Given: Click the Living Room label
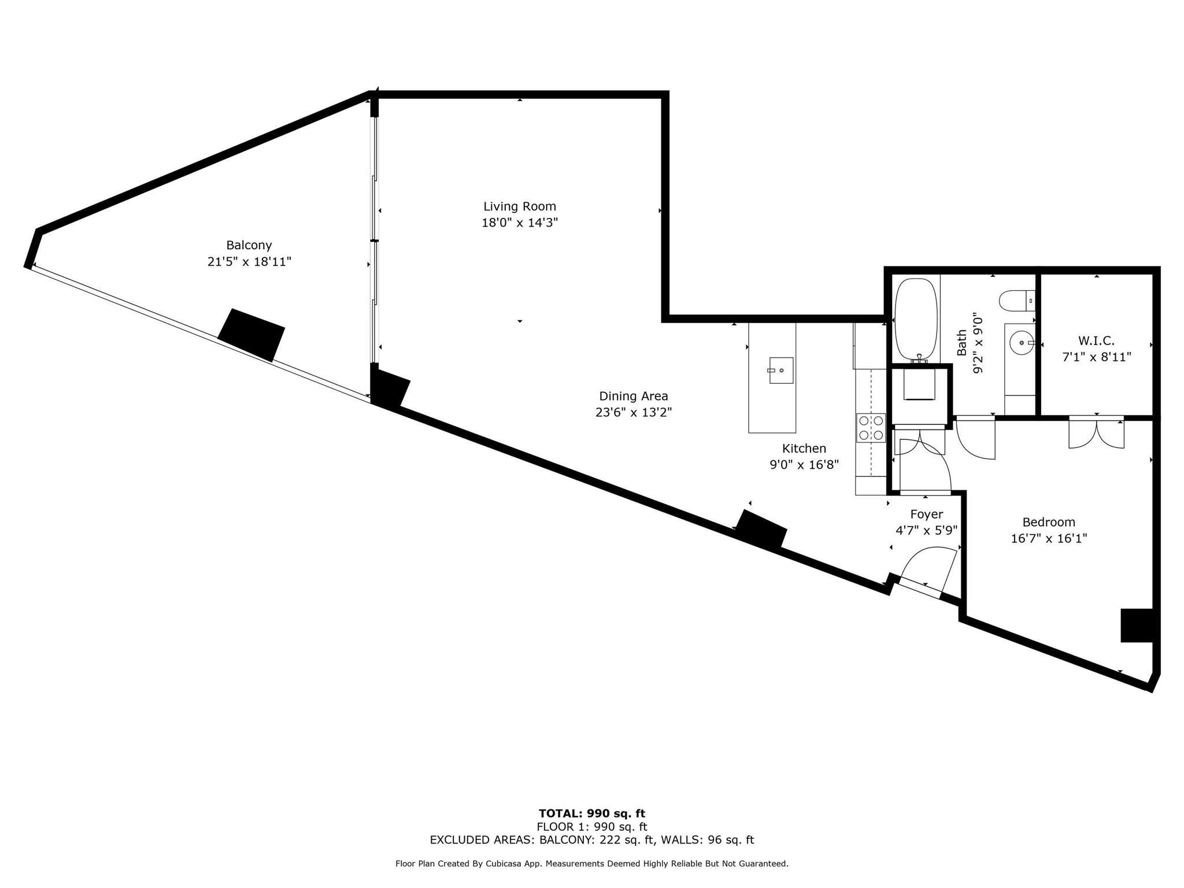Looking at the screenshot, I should click(x=519, y=206).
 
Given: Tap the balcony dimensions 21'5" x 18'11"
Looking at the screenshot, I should click(x=249, y=262).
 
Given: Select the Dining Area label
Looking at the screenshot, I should click(x=633, y=396).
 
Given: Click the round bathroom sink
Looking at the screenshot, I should click(x=1022, y=343).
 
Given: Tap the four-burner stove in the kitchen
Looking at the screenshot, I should click(x=871, y=428).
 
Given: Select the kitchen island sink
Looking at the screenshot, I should click(x=780, y=370).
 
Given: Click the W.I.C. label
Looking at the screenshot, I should click(x=1096, y=341).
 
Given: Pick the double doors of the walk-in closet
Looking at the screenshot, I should click(x=1096, y=432).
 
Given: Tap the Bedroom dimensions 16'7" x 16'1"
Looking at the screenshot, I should click(x=1049, y=539).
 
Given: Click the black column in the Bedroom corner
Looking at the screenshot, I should click(x=1137, y=625).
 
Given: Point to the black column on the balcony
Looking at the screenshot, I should click(x=251, y=335).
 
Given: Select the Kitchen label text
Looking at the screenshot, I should click(x=804, y=449).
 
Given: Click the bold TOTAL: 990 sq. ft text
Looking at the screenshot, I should click(x=591, y=814).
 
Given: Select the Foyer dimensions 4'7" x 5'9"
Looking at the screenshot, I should click(x=926, y=530).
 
